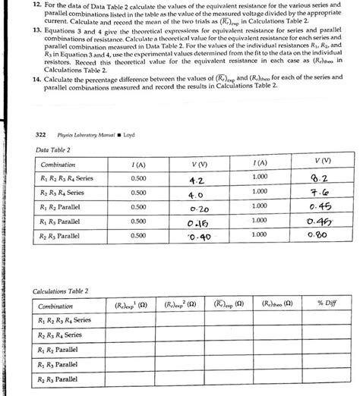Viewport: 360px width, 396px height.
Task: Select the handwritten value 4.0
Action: click(196, 194)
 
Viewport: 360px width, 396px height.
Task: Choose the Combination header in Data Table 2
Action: click(58, 165)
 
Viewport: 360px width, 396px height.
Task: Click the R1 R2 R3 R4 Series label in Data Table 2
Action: click(66, 179)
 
